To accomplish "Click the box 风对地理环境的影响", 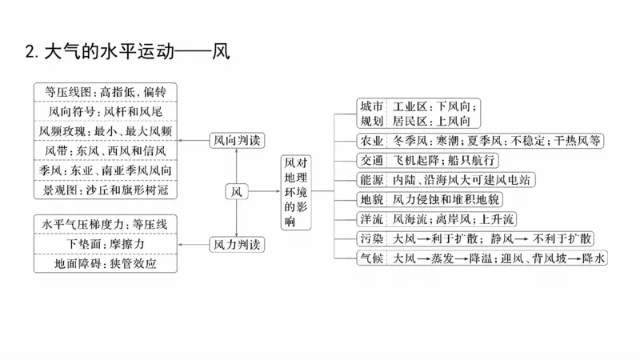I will [295, 192].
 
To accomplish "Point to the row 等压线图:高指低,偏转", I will [106, 91].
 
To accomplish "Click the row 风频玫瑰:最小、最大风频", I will [106, 130].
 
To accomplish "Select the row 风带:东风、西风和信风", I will [106, 150].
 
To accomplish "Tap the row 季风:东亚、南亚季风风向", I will [106, 170].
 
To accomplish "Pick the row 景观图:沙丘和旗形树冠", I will [106, 190].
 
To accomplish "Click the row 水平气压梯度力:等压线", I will [106, 224].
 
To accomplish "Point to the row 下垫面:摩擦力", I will [106, 243].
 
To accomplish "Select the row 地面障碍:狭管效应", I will [106, 263].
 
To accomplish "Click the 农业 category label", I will [371, 141].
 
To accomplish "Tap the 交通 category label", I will [371, 160].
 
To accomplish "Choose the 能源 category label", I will [371, 180].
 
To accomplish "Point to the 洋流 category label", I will [371, 218].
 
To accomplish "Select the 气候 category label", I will [371, 258].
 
